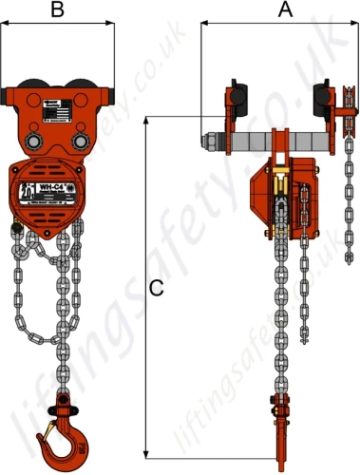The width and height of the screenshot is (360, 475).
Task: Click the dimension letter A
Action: [283, 10]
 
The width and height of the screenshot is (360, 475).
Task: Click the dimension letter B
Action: [58, 10]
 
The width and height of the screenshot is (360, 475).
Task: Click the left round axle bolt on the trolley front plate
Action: [32, 141]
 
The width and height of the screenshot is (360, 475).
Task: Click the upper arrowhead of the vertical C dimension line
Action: [144, 120]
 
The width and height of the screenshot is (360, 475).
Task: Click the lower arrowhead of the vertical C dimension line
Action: [144, 453]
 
